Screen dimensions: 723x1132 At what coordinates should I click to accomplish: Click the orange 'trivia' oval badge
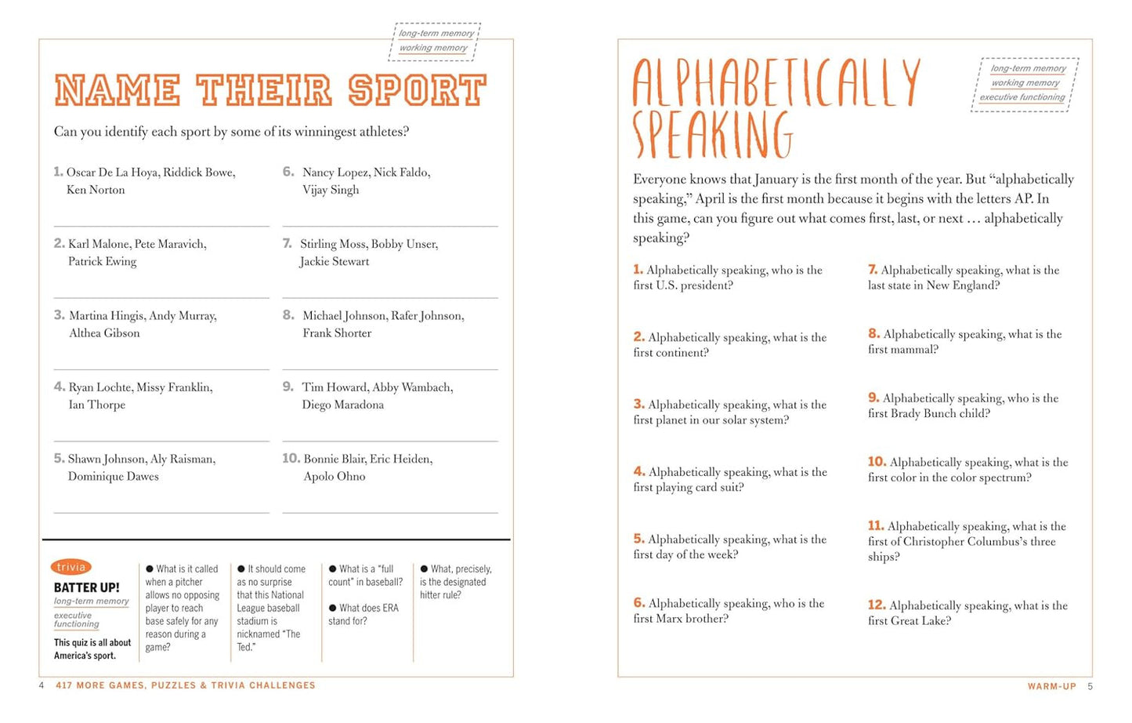[x=71, y=567]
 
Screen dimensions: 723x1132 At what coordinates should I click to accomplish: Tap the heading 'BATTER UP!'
[x=86, y=587]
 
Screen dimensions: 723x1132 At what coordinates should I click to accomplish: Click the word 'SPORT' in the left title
[x=418, y=91]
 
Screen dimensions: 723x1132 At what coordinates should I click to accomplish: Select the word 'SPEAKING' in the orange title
[x=712, y=135]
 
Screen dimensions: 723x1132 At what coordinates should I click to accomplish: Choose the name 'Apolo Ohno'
[x=334, y=476]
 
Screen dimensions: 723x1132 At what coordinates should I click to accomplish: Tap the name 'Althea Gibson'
[x=104, y=333]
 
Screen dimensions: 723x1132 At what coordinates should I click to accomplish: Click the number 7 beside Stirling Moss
[x=287, y=244]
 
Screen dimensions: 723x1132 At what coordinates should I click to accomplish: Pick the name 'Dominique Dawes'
[x=113, y=476]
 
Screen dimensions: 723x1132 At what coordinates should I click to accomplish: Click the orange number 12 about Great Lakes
[x=876, y=605]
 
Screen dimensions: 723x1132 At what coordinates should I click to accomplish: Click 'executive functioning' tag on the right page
[x=1022, y=97]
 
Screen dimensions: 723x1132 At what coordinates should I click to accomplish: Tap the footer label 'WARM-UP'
[x=1051, y=686]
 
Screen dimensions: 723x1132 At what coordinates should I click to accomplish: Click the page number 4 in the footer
[x=42, y=685]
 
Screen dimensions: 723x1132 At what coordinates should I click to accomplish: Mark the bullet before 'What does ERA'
[x=333, y=608]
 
